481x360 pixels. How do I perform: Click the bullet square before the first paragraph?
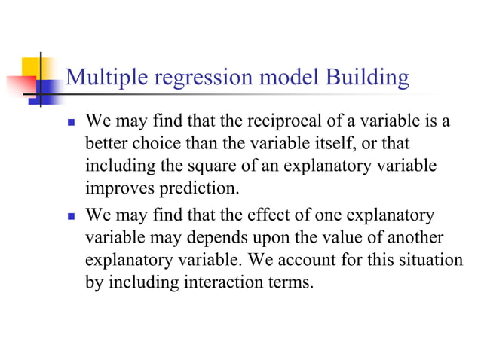pos(71,122)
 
